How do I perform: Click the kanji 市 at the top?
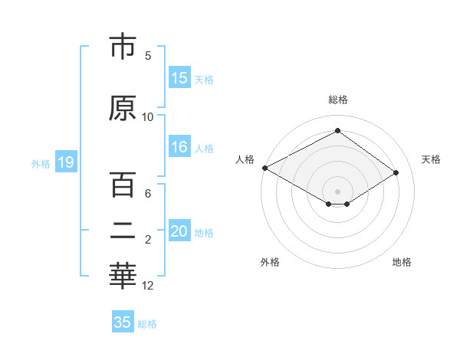(123, 47)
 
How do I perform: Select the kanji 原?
(123, 109)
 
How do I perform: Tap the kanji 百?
(123, 186)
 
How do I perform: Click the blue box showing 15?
(179, 78)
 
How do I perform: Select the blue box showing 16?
(179, 148)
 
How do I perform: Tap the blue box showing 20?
(179, 232)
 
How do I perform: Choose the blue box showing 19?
(65, 162)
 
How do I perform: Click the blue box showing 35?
(123, 322)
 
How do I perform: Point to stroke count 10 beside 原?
(148, 116)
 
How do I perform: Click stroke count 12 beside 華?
(148, 286)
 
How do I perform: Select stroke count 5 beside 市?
(148, 55)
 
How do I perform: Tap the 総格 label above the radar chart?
(338, 100)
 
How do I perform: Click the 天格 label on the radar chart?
(431, 159)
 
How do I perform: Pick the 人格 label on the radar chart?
(245, 159)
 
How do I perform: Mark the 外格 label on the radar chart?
(270, 262)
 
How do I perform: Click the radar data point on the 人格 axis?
(264, 167)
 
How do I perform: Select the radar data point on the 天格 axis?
(396, 172)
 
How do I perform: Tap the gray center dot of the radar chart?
(337, 191)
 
